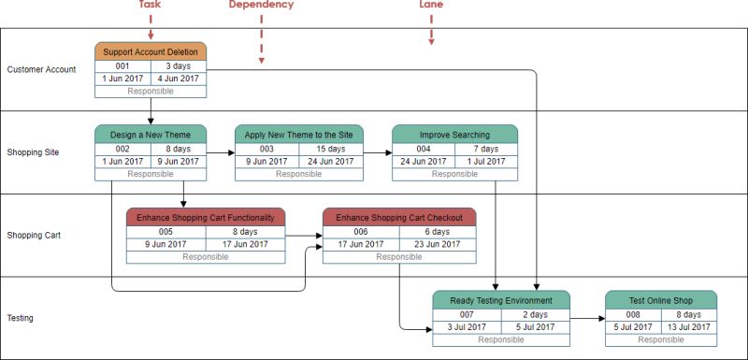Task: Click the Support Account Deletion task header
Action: (151, 51)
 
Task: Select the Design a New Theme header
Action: (151, 135)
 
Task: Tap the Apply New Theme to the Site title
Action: (298, 135)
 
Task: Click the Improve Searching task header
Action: (454, 135)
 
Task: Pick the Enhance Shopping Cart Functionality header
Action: (205, 218)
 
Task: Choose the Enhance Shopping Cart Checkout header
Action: (399, 218)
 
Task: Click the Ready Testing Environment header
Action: (501, 300)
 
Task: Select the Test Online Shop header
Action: (661, 300)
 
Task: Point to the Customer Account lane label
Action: (41, 69)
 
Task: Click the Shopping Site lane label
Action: (34, 152)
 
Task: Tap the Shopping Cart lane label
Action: (34, 235)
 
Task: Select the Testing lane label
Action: (20, 318)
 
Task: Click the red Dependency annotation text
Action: (261, 5)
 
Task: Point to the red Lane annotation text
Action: (431, 5)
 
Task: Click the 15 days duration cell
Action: (331, 149)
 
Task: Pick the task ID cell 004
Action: (424, 149)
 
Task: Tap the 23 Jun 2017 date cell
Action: (438, 245)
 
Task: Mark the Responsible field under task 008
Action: (661, 339)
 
